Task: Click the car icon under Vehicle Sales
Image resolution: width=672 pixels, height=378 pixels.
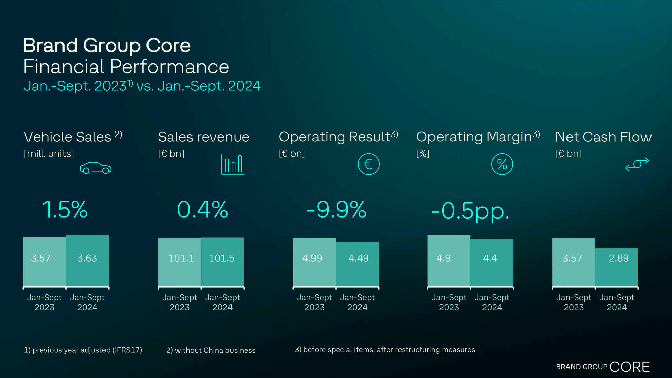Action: [95, 168]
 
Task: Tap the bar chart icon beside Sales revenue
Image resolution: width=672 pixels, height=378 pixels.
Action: [233, 165]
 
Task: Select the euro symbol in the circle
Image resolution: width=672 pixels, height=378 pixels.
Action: [368, 164]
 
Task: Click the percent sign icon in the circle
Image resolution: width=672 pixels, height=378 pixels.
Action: [502, 164]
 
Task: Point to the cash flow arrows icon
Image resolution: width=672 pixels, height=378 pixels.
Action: [637, 164]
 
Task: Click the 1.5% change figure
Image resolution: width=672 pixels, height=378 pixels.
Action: [65, 210]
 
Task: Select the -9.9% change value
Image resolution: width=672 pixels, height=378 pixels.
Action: [336, 210]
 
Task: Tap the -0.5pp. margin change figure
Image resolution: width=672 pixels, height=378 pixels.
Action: [470, 211]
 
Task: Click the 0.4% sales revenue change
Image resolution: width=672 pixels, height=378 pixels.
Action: [203, 210]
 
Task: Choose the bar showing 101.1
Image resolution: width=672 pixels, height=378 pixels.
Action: [180, 262]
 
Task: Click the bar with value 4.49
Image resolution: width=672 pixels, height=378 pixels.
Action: [358, 264]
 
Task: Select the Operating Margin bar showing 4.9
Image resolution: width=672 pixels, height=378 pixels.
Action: [449, 260]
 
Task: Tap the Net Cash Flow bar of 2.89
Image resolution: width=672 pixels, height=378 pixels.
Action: [617, 267]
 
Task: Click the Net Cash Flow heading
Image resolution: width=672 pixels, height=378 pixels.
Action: [603, 137]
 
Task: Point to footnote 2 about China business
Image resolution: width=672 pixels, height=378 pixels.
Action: [211, 350]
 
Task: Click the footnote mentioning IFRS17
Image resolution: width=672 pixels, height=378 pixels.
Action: [83, 350]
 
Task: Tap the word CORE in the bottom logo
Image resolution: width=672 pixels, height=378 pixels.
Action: [629, 367]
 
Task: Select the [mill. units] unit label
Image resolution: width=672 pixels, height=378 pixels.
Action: [49, 154]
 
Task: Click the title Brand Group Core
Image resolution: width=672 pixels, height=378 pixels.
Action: [107, 45]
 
